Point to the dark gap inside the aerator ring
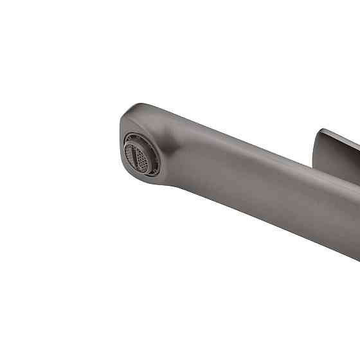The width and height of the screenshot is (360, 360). click(x=143, y=161)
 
